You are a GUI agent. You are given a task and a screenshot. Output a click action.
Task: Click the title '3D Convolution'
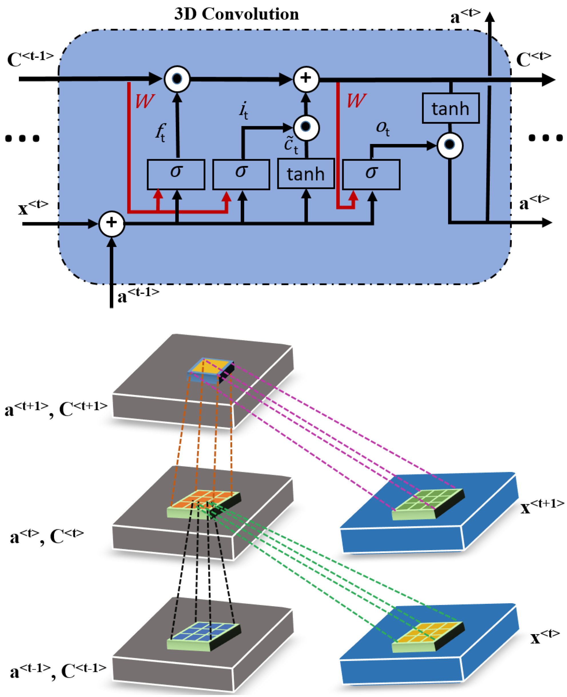(236, 14)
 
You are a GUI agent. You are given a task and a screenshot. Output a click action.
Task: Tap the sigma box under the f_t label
(176, 174)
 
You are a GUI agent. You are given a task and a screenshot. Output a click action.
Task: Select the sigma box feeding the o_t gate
(371, 174)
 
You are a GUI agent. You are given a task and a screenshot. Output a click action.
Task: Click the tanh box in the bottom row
(306, 173)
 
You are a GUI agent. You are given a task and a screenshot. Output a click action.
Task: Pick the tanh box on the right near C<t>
(450, 108)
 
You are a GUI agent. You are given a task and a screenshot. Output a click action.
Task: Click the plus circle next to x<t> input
(112, 223)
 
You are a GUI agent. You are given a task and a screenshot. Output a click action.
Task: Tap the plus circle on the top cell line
(306, 79)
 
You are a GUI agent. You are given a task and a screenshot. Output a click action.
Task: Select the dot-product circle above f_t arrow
(177, 79)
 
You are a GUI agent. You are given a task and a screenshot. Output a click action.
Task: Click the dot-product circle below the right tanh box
(450, 145)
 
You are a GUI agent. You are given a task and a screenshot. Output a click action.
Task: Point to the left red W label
(144, 101)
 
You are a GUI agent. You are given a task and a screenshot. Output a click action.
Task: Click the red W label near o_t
(356, 101)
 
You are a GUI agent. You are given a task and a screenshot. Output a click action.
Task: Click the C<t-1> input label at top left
(30, 59)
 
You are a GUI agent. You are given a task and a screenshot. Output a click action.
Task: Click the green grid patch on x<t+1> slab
(427, 503)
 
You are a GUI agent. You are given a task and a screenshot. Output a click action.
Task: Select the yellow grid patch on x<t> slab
(427, 635)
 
